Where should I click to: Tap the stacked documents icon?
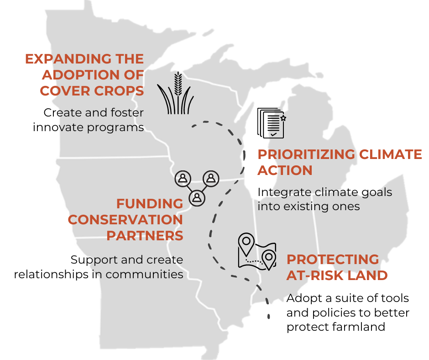(x=271, y=123)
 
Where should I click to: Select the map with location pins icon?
(x=257, y=252)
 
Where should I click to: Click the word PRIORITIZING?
(x=306, y=154)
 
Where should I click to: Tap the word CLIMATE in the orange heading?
(x=390, y=154)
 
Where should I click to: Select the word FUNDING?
(x=150, y=204)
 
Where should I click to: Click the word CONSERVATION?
(x=126, y=220)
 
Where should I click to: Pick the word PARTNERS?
(x=145, y=236)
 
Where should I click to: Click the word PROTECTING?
(x=333, y=259)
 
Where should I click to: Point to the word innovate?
(x=58, y=127)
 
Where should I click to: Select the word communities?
(x=144, y=274)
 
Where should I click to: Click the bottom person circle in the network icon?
(x=197, y=197)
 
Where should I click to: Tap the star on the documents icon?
(x=283, y=118)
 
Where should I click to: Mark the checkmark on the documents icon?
(x=273, y=134)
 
